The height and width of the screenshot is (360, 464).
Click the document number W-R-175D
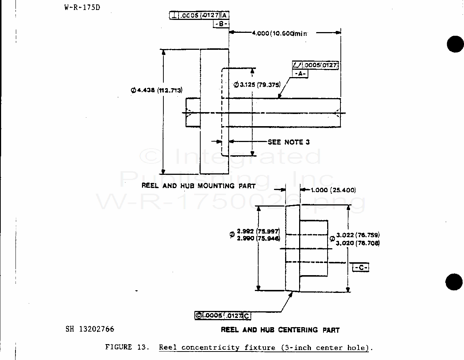[x=82, y=7]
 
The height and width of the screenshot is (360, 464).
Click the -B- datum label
[x=221, y=24]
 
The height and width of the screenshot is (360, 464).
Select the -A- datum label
[x=301, y=73]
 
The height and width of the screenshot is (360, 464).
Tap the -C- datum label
[x=361, y=267]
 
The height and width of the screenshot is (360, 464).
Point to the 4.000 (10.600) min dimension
[x=279, y=33]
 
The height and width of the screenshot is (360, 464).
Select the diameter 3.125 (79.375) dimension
[x=257, y=84]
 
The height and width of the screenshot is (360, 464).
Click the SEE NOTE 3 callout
[x=288, y=142]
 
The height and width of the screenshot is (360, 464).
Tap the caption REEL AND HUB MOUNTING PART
[x=198, y=186]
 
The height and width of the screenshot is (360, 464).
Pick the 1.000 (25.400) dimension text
[x=333, y=190]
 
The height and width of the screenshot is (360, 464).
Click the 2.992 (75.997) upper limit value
[x=258, y=231]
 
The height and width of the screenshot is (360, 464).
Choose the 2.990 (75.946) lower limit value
[x=258, y=238]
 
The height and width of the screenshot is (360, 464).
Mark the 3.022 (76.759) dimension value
[x=358, y=235]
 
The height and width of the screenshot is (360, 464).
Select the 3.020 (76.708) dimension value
[x=358, y=243]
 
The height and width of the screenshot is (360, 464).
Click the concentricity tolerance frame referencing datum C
[x=223, y=315]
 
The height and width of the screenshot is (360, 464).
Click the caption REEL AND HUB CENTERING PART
[x=280, y=330]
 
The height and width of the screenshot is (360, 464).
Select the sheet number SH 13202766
[x=90, y=329]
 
